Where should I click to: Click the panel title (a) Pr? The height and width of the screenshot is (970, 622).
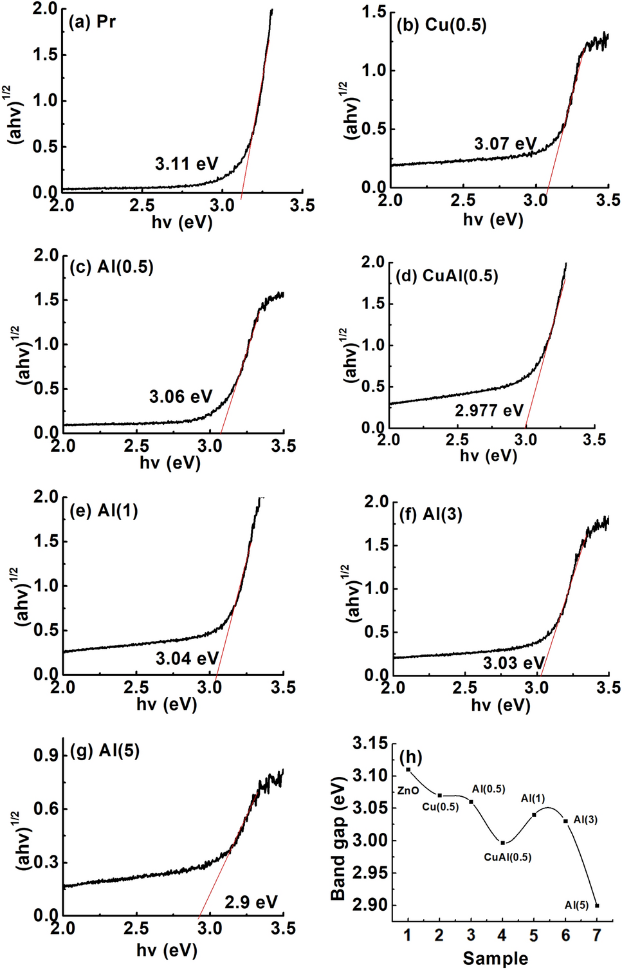(92, 22)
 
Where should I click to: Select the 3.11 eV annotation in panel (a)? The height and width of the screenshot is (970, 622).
(186, 164)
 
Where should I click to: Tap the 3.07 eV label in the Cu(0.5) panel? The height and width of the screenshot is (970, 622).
(505, 144)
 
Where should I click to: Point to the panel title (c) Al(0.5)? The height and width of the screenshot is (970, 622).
(111, 267)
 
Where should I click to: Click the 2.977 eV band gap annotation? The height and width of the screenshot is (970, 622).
(489, 411)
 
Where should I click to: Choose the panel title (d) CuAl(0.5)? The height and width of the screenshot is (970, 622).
(447, 276)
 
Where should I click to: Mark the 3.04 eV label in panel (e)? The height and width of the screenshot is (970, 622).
(187, 658)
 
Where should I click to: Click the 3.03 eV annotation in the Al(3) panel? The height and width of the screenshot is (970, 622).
(513, 663)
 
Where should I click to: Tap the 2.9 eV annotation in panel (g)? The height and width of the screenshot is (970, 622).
(251, 902)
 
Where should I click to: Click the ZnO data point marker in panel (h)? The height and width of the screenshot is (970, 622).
(408, 769)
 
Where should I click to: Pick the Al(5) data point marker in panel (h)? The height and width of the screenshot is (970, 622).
(597, 905)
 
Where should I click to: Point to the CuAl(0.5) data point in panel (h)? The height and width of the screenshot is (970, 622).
(502, 843)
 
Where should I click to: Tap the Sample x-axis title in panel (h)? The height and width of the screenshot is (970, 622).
(495, 958)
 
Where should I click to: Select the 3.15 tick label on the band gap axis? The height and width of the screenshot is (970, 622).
(370, 744)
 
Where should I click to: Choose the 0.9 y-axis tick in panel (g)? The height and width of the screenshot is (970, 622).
(46, 756)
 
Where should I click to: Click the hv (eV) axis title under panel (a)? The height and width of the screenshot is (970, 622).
(182, 223)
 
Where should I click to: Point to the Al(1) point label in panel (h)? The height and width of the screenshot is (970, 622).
(533, 799)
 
